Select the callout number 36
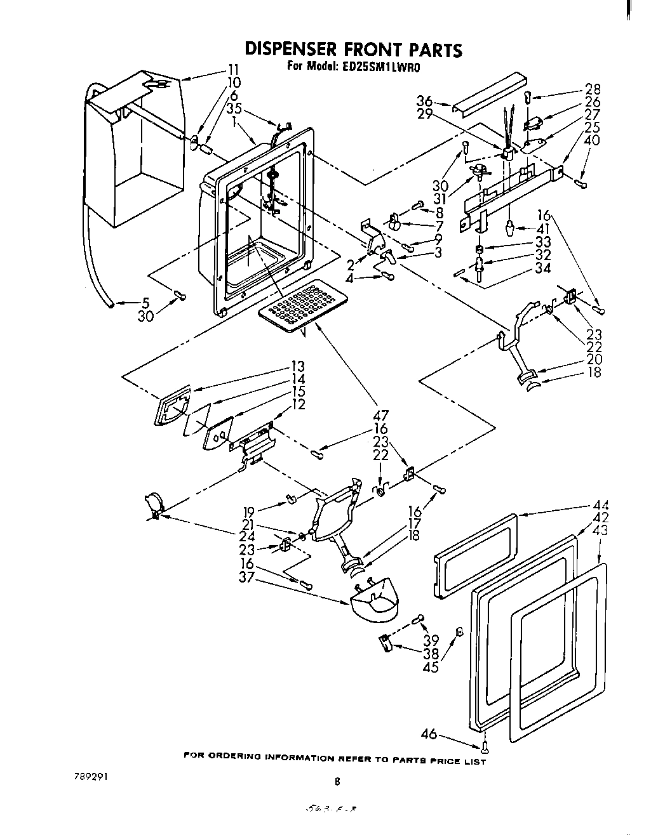[425, 100]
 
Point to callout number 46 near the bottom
[429, 734]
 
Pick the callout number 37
[246, 577]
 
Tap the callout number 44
[600, 505]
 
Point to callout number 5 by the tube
[145, 302]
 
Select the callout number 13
[297, 366]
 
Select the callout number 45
[431, 667]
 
